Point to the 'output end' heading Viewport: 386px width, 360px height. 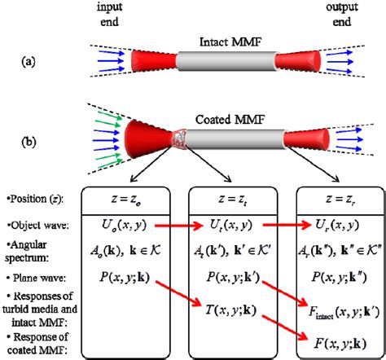tap(336, 14)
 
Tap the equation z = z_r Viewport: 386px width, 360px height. tap(335, 200)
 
